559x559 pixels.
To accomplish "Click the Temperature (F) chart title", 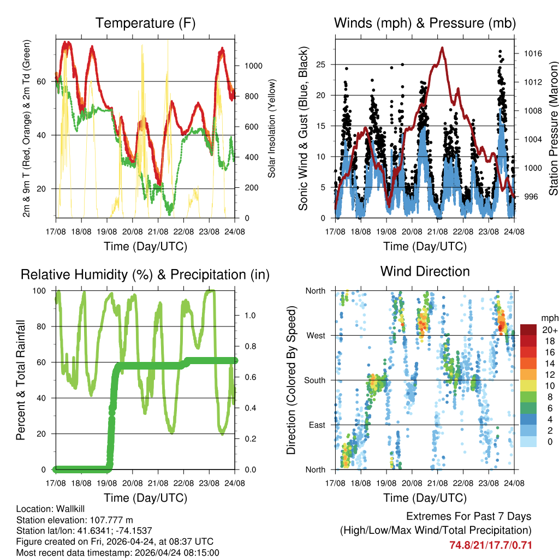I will tap(145, 23).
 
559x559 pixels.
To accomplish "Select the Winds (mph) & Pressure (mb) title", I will tap(425, 23).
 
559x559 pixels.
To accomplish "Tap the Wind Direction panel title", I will tap(425, 271).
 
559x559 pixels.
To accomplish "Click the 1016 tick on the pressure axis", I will tap(532, 53).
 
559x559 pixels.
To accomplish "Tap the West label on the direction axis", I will tap(316, 336).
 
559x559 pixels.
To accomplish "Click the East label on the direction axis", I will tap(317, 425).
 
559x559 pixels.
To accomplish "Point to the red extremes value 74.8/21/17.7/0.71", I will tap(490, 545).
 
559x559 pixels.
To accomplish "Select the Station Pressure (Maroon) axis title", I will tap(553, 128).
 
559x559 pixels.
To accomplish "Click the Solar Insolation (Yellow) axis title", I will tap(271, 128).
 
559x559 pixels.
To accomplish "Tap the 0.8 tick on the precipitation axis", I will tap(248, 346).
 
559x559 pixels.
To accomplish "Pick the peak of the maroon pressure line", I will tap(442, 47).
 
